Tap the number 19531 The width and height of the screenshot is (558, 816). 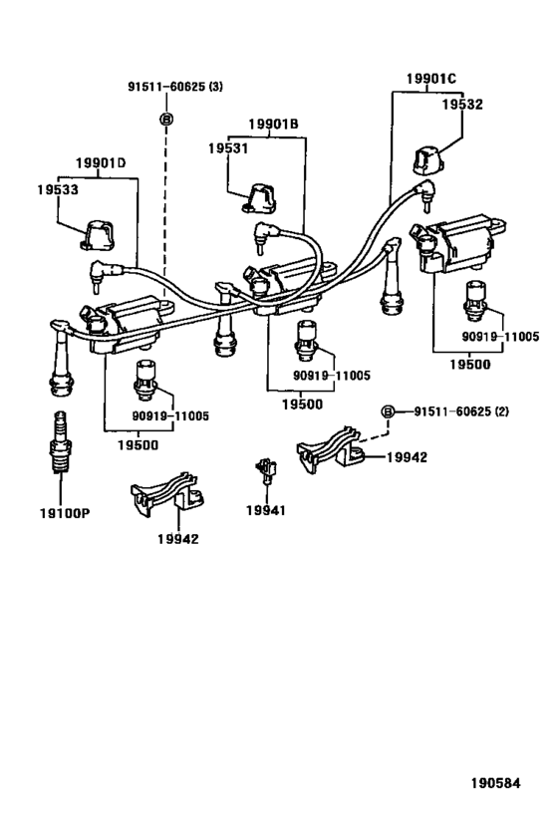pyautogui.click(x=228, y=147)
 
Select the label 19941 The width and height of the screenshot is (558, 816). pyautogui.click(x=266, y=509)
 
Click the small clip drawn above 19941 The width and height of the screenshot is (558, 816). pyautogui.click(x=265, y=469)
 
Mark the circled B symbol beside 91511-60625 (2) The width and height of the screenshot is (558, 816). pyautogui.click(x=392, y=410)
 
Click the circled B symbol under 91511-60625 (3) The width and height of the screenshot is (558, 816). pyautogui.click(x=166, y=120)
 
